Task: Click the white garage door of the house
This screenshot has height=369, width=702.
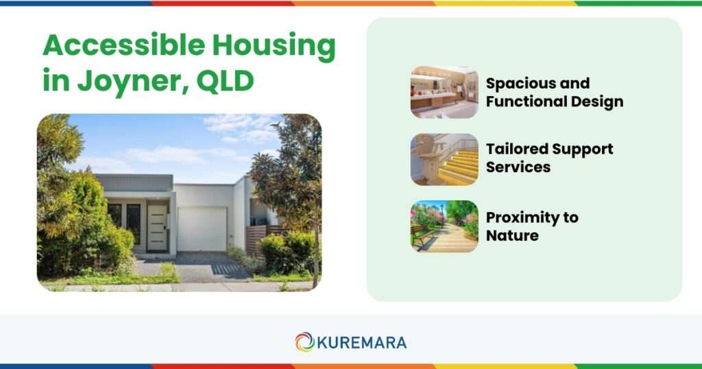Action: pyautogui.click(x=202, y=228)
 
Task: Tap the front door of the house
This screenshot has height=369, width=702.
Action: pyautogui.click(x=157, y=227)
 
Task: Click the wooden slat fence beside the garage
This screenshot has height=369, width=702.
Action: pyautogui.click(x=256, y=237)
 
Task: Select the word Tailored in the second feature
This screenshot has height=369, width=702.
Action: pyautogui.click(x=516, y=149)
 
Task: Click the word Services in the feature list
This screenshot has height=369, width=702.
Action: pyautogui.click(x=518, y=167)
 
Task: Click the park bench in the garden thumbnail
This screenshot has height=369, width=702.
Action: pyautogui.click(x=421, y=235)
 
